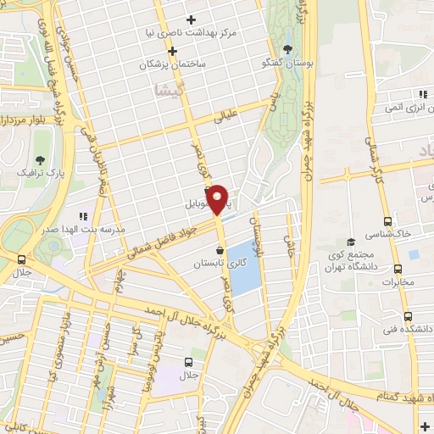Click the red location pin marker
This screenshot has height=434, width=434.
tap(218, 198)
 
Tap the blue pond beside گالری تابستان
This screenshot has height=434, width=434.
tap(243, 267)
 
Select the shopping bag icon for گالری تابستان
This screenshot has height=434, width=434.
tap(221, 250)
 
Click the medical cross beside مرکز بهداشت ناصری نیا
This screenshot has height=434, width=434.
tap(192, 19)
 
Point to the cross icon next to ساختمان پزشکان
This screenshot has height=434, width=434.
tap(172, 51)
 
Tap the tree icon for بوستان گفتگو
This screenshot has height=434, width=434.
tap(289, 48)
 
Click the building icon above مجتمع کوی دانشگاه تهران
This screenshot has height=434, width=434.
tap(351, 242)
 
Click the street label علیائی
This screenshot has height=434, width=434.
tap(225, 120)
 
